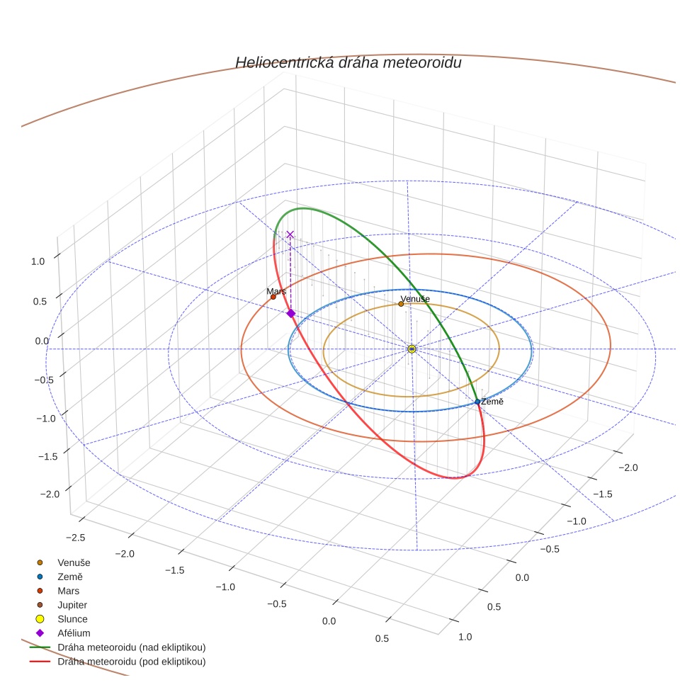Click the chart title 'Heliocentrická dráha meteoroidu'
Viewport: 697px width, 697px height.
[348, 62]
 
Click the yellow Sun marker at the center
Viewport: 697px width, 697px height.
[412, 348]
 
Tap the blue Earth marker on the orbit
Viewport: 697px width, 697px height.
[477, 402]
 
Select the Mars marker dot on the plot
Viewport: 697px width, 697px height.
[273, 297]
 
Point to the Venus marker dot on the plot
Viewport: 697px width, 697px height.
[401, 304]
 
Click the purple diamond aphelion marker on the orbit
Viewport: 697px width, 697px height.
[290, 313]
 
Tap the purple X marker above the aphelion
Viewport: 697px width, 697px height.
[290, 234]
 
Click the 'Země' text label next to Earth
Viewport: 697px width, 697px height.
[492, 402]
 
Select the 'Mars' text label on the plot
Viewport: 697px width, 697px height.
[276, 291]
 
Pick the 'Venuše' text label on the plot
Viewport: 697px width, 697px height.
[415, 299]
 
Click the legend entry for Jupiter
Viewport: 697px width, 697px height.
[72, 605]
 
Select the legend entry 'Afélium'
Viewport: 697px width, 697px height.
[74, 633]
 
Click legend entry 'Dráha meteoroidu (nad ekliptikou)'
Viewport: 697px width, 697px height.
[131, 647]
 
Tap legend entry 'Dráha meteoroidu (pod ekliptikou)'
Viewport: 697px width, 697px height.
[131, 662]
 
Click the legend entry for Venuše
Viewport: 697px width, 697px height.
[74, 562]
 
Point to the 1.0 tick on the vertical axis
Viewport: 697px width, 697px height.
[38, 261]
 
